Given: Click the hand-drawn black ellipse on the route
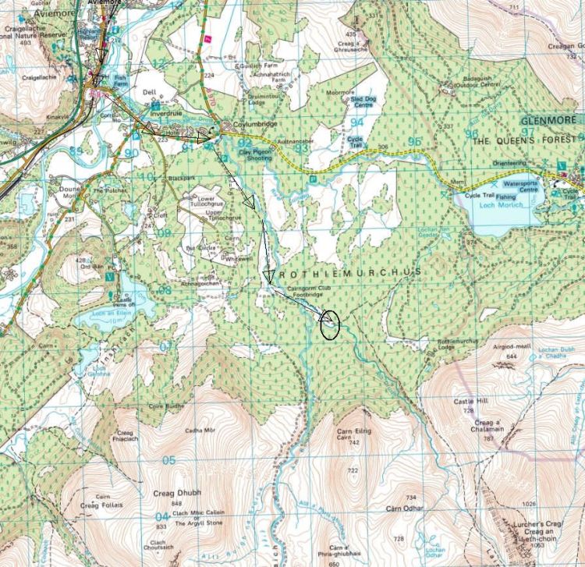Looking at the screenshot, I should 330,324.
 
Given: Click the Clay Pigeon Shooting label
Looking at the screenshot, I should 255,154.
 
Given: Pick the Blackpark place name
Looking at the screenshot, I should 181,179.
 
